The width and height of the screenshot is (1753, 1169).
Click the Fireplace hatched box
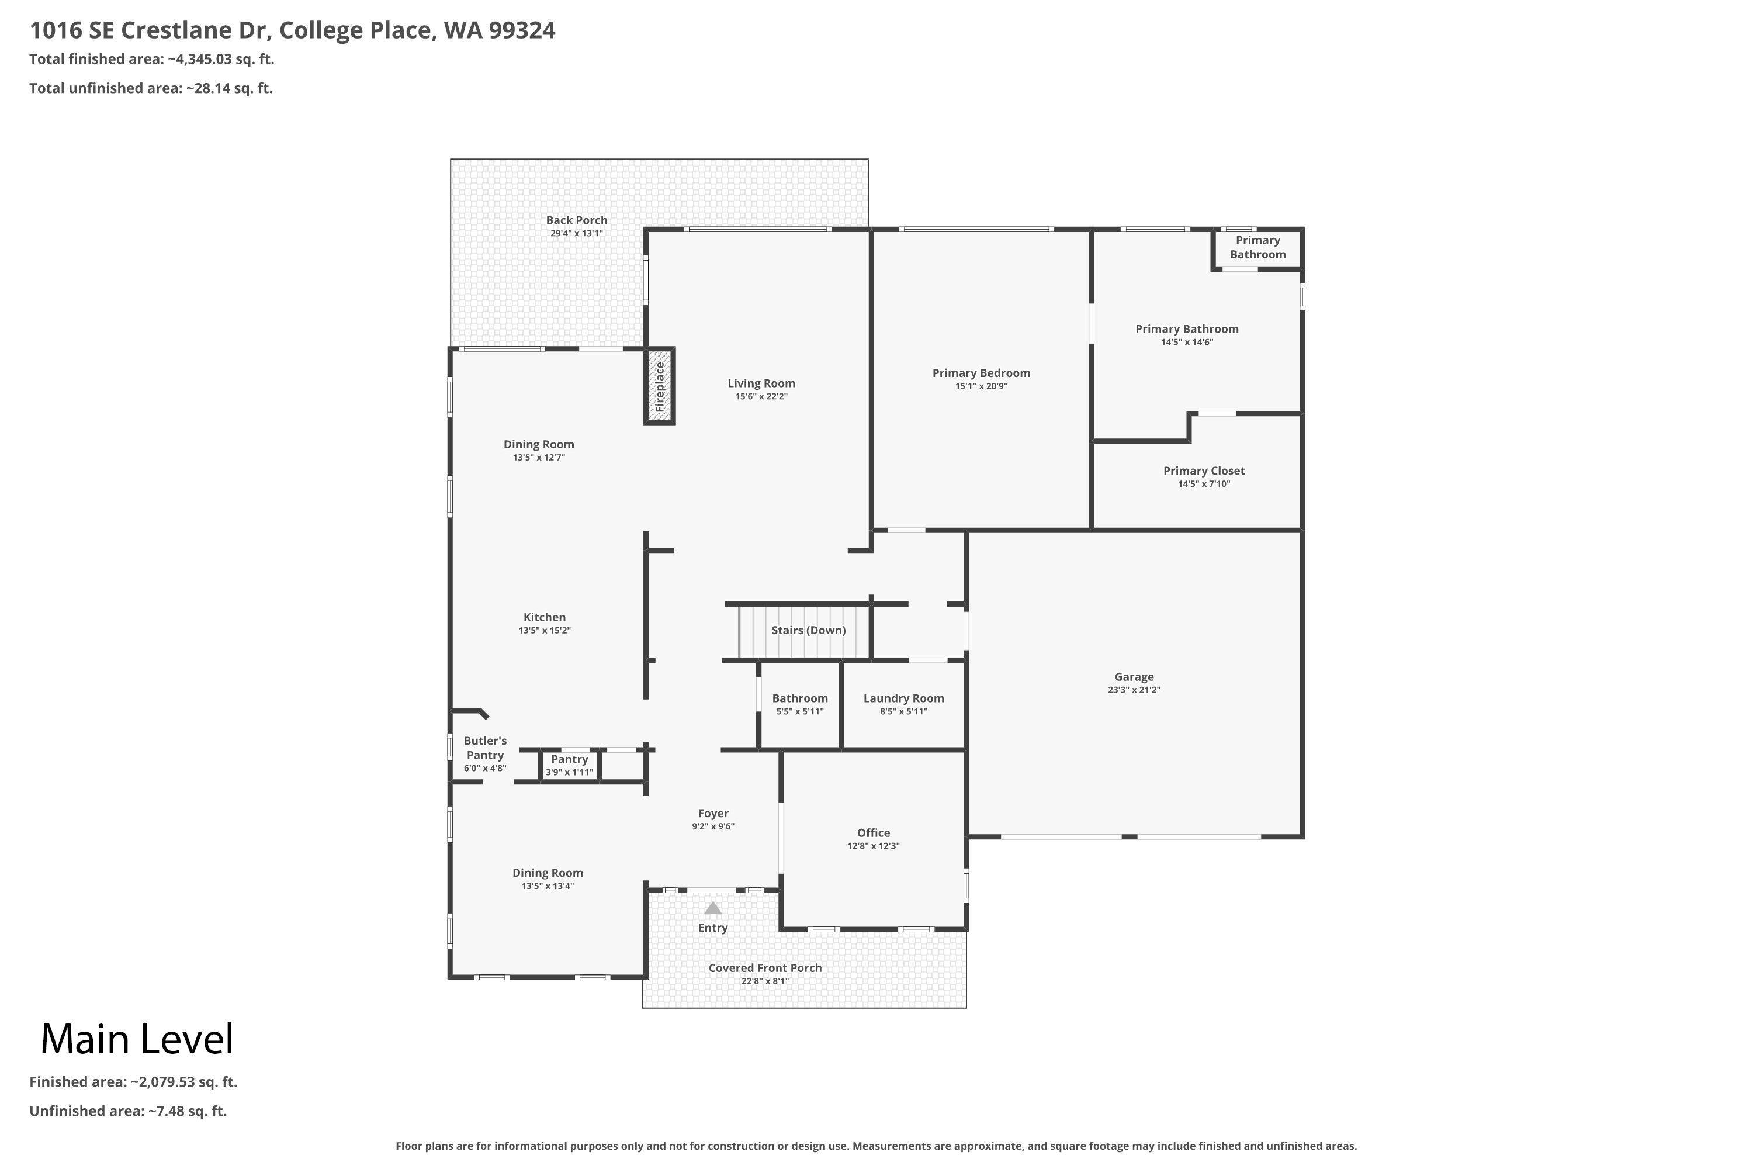point(660,386)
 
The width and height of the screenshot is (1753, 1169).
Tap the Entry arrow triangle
point(713,908)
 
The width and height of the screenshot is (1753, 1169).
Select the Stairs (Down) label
point(809,630)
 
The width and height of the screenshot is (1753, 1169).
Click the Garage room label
point(1134,677)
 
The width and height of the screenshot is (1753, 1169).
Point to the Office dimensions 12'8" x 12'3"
point(874,846)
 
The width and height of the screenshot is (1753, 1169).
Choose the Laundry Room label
point(904,698)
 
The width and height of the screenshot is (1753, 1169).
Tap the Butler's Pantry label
point(485,748)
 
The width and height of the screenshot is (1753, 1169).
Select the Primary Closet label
point(1204,471)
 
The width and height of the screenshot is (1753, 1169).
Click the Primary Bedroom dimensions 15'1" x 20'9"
point(982,386)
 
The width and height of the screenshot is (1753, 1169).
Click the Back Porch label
point(577,220)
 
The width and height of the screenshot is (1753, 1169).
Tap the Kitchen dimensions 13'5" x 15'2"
point(545,631)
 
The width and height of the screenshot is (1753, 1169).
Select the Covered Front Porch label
point(765,968)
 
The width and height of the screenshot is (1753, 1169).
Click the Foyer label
point(713,814)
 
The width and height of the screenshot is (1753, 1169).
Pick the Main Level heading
point(137,1039)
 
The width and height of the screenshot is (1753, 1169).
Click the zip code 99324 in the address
point(522,30)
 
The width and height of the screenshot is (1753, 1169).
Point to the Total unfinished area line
point(151,88)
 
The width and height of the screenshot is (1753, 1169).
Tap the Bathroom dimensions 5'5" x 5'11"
point(800,712)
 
